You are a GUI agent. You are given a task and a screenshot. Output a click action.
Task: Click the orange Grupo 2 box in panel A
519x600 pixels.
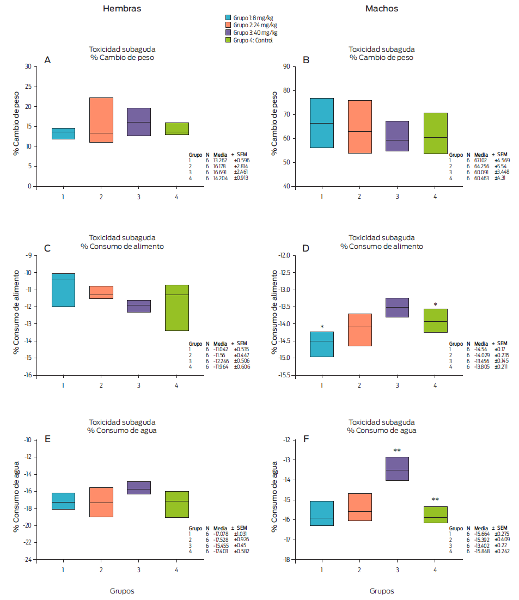click(101, 120)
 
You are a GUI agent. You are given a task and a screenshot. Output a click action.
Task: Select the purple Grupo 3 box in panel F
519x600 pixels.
click(398, 468)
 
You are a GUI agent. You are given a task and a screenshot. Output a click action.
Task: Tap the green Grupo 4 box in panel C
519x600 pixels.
click(176, 308)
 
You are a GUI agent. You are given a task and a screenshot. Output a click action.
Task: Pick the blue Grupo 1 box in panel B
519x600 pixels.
click(322, 123)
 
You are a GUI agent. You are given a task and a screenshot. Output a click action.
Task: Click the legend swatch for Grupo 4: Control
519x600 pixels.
click(228, 40)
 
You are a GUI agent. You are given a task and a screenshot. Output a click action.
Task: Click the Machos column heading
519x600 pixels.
click(381, 9)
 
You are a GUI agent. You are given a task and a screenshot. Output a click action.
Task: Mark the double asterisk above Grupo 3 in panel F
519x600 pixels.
click(398, 451)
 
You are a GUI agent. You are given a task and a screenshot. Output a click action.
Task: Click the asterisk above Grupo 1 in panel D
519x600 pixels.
click(322, 327)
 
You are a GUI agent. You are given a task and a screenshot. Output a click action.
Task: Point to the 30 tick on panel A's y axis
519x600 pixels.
click(28, 66)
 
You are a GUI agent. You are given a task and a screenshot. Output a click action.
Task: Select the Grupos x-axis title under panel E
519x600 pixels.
click(123, 591)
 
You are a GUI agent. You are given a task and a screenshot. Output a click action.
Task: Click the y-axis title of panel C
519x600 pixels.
click(16, 315)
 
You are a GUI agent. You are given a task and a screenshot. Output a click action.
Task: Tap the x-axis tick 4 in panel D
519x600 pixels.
click(435, 385)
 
